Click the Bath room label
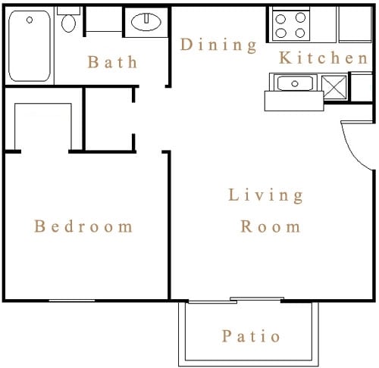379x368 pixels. [112, 62]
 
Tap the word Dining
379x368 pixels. [219, 45]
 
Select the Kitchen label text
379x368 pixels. [323, 58]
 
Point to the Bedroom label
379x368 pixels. [83, 226]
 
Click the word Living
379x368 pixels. [265, 195]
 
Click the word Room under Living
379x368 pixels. [271, 226]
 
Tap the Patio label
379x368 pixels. [251, 336]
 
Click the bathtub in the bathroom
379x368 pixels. [30, 46]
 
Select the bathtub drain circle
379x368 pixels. [30, 20]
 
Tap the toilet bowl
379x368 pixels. [68, 23]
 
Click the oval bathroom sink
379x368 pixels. [146, 22]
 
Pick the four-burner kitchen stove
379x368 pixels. [290, 25]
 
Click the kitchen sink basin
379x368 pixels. [295, 83]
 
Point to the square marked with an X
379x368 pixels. [334, 87]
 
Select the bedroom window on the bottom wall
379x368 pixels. [72, 301]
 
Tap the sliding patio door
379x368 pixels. [236, 300]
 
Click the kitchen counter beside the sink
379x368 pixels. [294, 101]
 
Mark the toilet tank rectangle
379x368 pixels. [68, 11]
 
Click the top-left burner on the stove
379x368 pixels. [280, 19]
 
